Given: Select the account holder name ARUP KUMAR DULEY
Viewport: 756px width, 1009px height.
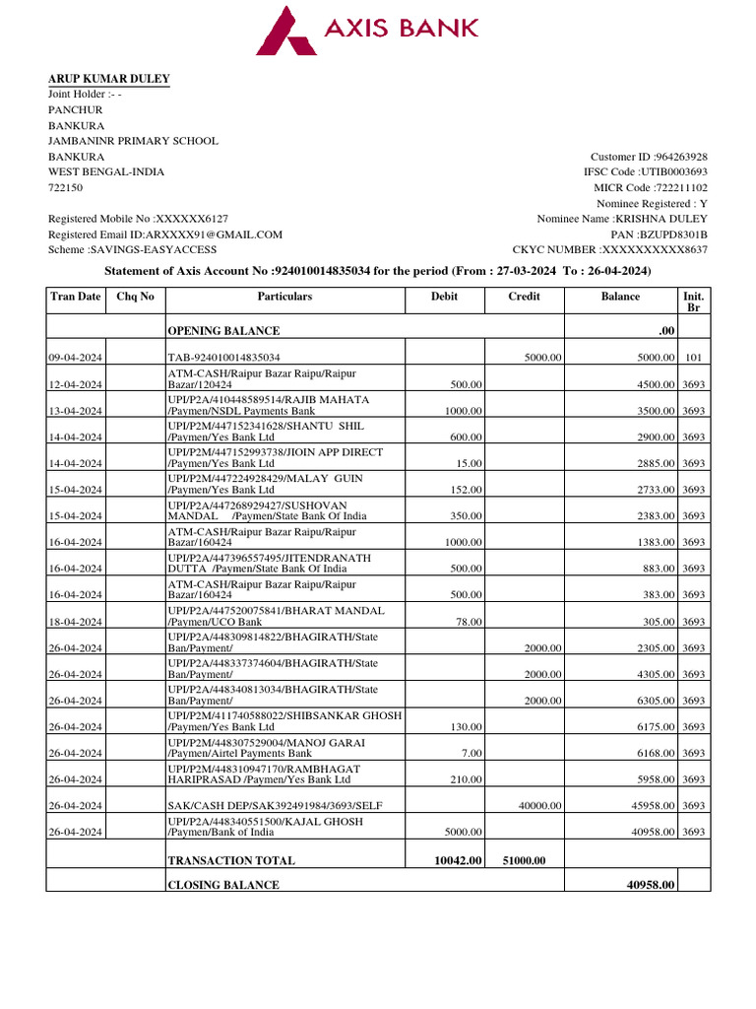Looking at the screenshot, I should click(109, 79).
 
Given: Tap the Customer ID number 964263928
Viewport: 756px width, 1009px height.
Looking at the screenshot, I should click(680, 157).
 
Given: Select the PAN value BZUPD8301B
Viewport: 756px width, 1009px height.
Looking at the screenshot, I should click(674, 235).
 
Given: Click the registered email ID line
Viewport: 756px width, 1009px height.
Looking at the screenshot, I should click(165, 235).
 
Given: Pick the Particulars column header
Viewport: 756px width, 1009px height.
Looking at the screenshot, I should click(284, 297).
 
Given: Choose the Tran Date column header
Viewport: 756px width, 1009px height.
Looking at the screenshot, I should click(76, 297).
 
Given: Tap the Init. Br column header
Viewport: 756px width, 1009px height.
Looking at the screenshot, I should click(693, 302).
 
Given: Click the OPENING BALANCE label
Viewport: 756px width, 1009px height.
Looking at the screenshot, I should click(223, 331).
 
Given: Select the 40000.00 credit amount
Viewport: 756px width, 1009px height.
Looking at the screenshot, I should click(540, 806).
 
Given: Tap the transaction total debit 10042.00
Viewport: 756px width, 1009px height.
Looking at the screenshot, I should click(459, 860).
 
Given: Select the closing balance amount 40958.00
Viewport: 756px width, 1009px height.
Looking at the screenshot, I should click(651, 885).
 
